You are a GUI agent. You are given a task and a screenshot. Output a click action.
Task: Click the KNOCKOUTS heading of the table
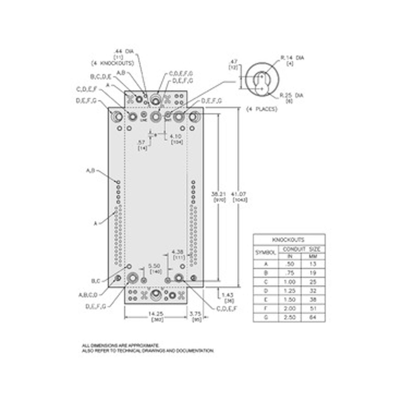(289, 240)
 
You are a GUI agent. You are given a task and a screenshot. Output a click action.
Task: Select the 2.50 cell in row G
(290, 317)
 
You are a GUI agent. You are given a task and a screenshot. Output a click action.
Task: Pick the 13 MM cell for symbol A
(313, 264)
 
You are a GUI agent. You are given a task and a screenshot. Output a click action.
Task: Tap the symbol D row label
(266, 291)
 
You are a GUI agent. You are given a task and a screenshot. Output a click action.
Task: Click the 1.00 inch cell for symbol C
(290, 282)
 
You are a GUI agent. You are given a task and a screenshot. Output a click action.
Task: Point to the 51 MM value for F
(313, 309)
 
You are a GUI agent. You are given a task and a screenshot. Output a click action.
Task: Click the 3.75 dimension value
(195, 314)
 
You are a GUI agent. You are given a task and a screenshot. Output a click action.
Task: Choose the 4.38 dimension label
(178, 252)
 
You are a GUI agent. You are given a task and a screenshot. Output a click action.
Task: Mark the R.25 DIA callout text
(292, 95)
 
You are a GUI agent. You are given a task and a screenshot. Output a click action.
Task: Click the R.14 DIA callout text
(292, 58)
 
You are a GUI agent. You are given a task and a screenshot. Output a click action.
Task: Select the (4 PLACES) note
(262, 109)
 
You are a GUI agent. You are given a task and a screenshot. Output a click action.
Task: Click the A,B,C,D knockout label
(88, 295)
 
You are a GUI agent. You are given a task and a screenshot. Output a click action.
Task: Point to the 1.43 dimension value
(228, 294)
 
